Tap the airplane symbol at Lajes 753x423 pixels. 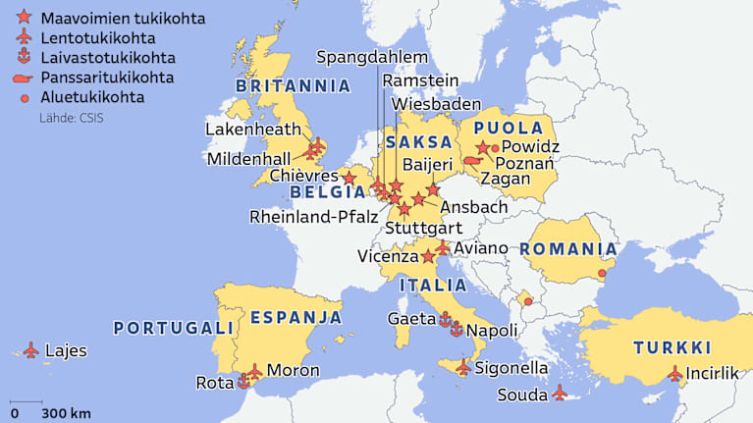point(30,349)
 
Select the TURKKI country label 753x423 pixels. point(672,347)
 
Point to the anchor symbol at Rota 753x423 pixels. point(242,382)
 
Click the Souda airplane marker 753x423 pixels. point(560,393)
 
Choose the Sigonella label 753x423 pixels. point(511,368)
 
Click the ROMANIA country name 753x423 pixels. point(568,249)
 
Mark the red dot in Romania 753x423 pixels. point(602,273)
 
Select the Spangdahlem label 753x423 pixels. point(372,56)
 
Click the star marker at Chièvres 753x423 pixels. point(349,179)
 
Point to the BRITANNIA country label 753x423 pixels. point(293,85)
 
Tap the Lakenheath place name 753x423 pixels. point(252,129)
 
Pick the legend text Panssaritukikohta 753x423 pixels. point(107,77)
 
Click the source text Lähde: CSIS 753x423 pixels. point(71,119)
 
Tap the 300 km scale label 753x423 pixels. point(67,412)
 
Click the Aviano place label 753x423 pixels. point(481,248)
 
